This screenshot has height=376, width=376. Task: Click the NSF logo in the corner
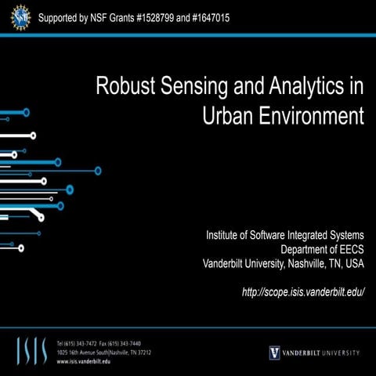[17, 17]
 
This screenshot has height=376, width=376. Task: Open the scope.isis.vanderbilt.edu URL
[303, 291]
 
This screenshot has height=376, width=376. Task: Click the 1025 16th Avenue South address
[86, 352]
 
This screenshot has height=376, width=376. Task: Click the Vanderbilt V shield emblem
[274, 352]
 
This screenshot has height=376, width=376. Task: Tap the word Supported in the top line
[62, 16]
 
